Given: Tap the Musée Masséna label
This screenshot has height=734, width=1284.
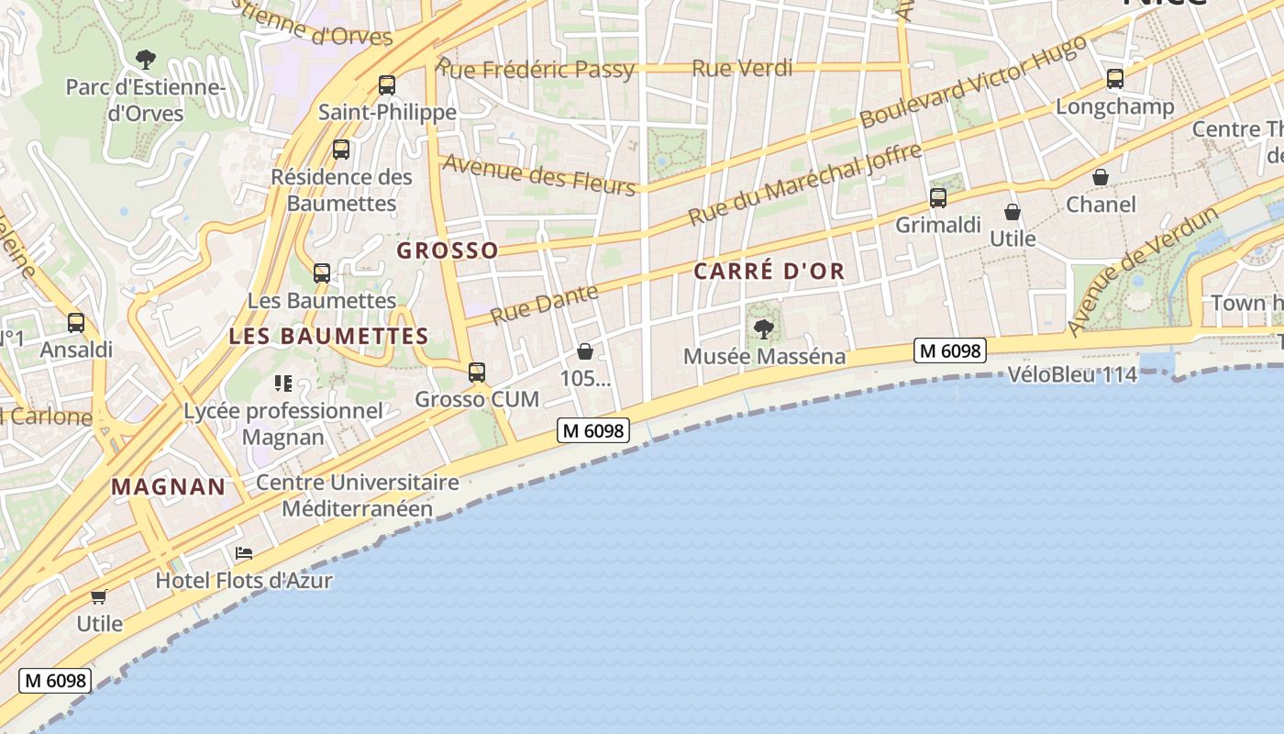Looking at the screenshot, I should [765, 356].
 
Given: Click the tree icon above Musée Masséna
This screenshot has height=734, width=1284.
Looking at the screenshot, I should [763, 329].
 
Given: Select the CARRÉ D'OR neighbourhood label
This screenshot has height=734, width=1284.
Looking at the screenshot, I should [769, 272].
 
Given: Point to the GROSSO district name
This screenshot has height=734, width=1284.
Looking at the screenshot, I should [448, 250].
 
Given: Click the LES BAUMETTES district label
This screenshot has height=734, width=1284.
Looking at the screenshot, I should [328, 337].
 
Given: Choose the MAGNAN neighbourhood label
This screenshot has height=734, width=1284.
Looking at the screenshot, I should [169, 487].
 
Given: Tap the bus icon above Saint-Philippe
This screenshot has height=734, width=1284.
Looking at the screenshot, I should [387, 85].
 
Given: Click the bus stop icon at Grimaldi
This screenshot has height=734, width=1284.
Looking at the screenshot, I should [937, 198].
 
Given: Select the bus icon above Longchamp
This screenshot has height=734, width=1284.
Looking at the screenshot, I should [1114, 79].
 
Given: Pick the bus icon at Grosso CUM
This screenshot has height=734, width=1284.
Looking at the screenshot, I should [477, 373].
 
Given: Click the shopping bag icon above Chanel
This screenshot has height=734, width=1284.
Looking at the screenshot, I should [1100, 177].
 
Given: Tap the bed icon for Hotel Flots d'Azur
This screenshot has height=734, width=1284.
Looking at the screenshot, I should [244, 553].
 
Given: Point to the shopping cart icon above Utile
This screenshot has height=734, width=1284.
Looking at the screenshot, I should [99, 596].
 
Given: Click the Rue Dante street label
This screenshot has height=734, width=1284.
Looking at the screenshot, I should [544, 304].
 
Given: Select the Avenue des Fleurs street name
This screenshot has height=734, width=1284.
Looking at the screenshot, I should [539, 174].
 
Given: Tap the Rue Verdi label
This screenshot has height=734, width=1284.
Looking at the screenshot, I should [742, 68].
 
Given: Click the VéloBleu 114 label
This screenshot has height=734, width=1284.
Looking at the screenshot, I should [1072, 374].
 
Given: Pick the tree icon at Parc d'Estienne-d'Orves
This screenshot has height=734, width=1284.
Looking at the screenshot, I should [145, 61].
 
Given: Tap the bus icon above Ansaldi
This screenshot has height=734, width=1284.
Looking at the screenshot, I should [76, 323].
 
